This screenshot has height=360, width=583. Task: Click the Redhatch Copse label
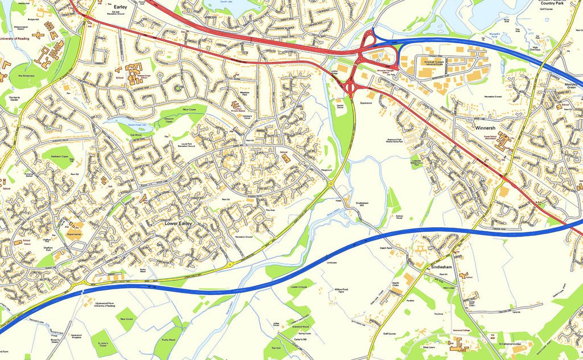tap(59, 156)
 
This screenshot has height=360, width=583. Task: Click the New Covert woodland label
tap(126, 320)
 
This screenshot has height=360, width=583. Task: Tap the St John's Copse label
tap(102, 344)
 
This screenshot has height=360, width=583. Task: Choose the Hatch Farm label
tap(386, 248)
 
